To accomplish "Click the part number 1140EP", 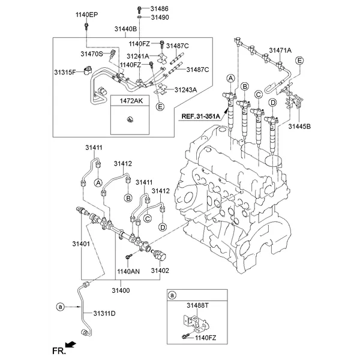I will pyautogui.click(x=86, y=14).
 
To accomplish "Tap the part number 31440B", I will pyautogui.click(x=125, y=29).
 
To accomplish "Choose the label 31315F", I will pyautogui.click(x=65, y=72).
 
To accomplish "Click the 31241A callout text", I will pyautogui.click(x=137, y=56).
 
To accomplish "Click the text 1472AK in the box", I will pyautogui.click(x=130, y=102).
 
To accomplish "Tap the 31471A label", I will pyautogui.click(x=280, y=50).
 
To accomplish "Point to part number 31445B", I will pyautogui.click(x=299, y=127).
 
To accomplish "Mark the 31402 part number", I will pyautogui.click(x=160, y=271).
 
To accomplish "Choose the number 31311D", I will pyautogui.click(x=104, y=313).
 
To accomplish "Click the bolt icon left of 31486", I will pyautogui.click(x=140, y=9).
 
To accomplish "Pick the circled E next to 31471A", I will pyautogui.click(x=300, y=60).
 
